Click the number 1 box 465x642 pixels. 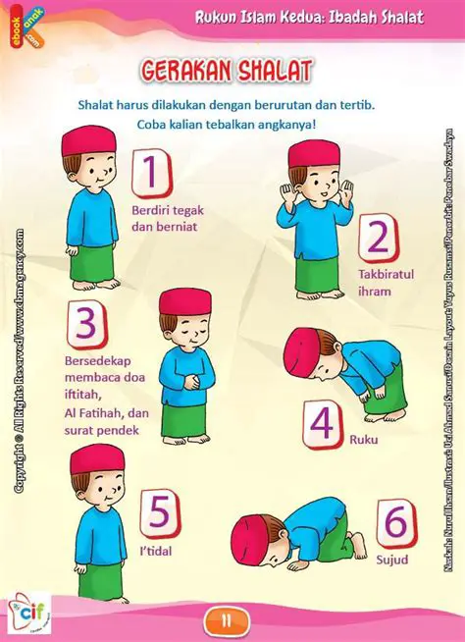point(151,172)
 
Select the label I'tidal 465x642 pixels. point(157,552)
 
